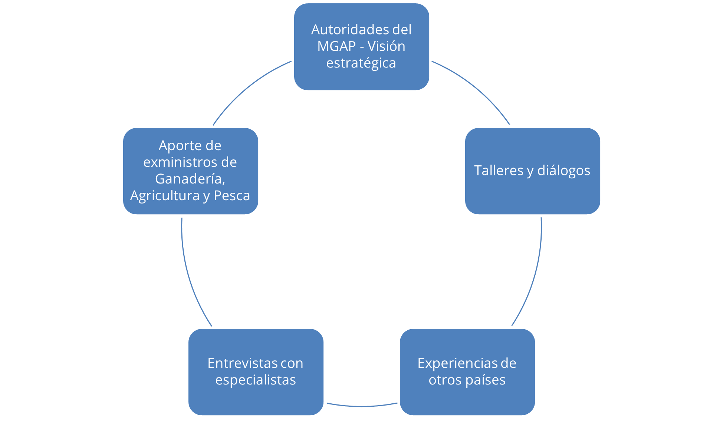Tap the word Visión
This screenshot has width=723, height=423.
(x=386, y=46)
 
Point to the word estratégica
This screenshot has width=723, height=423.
(x=361, y=63)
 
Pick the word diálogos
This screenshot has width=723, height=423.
(x=564, y=171)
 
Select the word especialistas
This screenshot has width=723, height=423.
(x=256, y=380)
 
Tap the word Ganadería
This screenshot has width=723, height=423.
(x=190, y=179)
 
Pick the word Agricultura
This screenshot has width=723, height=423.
(x=165, y=196)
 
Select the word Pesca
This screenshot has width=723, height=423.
(x=232, y=196)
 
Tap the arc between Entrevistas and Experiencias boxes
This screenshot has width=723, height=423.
(x=362, y=406)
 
